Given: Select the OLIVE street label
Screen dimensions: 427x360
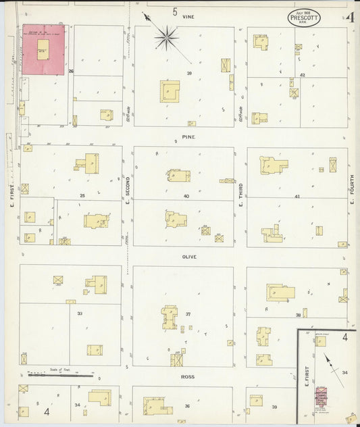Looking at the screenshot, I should [x=188, y=257].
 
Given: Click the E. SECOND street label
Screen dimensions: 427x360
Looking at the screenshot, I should [x=127, y=189].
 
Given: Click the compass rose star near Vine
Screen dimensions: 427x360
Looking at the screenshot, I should [x=165, y=38].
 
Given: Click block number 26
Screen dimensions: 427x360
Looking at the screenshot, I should [x=70, y=71].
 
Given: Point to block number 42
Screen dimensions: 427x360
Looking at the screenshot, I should [x=303, y=75].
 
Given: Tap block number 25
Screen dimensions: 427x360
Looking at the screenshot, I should [x=82, y=195].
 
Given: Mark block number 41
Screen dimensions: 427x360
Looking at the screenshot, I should [x=297, y=196].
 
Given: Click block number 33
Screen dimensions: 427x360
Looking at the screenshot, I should [x=80, y=313].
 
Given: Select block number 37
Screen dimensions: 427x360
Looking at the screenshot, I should [x=188, y=313].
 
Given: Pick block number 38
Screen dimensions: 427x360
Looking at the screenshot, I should [x=297, y=315].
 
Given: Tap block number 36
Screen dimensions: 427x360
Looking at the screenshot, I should [x=186, y=406].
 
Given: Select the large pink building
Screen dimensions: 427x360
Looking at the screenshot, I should [x=44, y=49].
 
